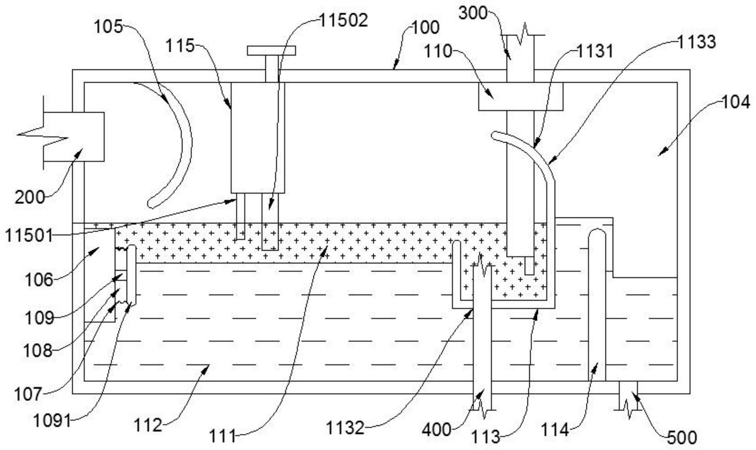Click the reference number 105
pos(108,27)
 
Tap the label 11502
pos(344,20)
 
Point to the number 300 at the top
pos(473,13)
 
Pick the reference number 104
pos(736,102)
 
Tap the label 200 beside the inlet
pos(30,198)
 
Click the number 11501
pos(29,235)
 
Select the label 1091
pos(52,421)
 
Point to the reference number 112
pos(148,425)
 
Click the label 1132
pos(345,428)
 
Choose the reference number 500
pos(682,437)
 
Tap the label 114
pos(554,430)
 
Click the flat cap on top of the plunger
pos(271,51)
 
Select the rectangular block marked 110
pos(521,96)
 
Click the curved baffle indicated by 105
pos(181,146)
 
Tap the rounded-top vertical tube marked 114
pos(597,307)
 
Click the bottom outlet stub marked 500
pos(628,396)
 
